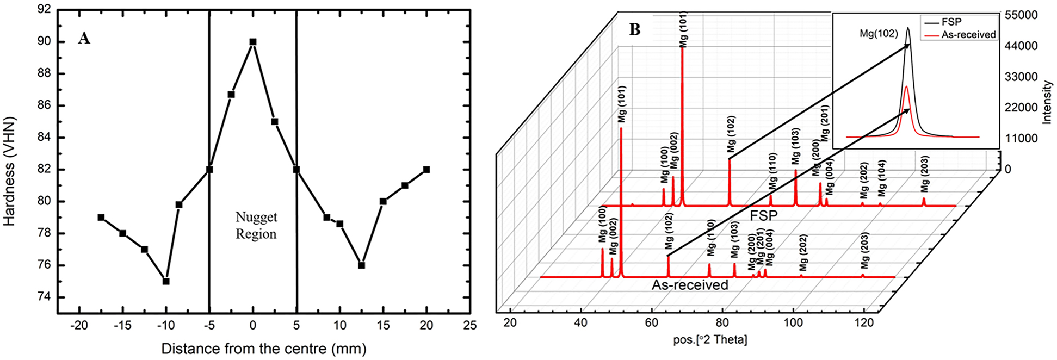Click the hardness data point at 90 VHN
tap(252, 42)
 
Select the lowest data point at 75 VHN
tap(166, 281)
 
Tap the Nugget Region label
tap(256, 226)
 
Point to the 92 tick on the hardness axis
tap(44, 10)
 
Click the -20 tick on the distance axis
tap(79, 326)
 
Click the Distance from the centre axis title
tap(263, 349)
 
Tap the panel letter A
tap(84, 38)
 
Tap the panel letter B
tap(634, 29)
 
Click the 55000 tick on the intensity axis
tap(1021, 15)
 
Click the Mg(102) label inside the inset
tap(879, 34)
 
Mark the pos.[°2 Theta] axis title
tap(710, 340)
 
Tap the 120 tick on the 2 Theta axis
tap(864, 322)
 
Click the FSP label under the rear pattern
tap(763, 216)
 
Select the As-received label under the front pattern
tap(690, 285)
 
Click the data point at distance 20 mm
tap(426, 170)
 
